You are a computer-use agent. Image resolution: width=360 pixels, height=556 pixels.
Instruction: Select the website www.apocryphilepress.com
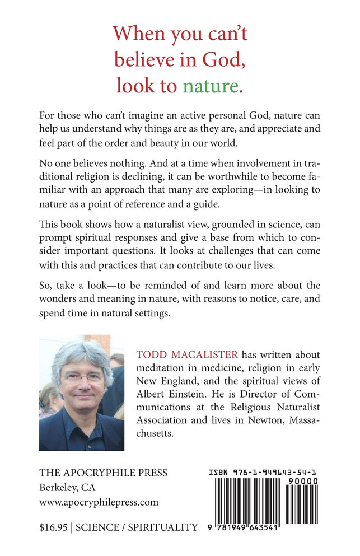click(99, 502)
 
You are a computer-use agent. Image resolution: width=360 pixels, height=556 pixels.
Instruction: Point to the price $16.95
click(54, 527)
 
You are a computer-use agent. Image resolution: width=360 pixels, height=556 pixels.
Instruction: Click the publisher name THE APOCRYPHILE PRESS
click(103, 473)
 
